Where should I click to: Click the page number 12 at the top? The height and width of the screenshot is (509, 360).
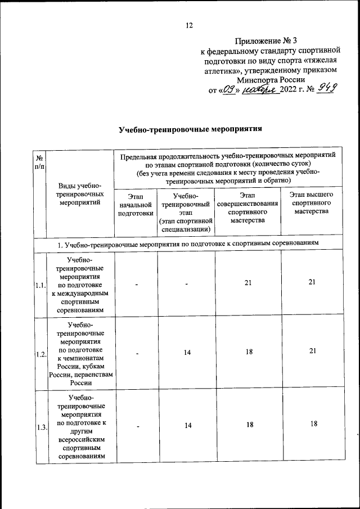(x=190, y=25)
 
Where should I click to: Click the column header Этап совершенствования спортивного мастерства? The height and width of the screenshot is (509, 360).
(x=247, y=208)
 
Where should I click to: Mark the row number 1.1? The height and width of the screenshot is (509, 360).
(x=40, y=286)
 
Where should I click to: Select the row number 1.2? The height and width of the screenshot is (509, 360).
(x=40, y=354)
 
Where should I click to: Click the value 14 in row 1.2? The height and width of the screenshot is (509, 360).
(x=187, y=352)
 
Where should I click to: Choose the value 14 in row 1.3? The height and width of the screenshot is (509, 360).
(x=187, y=426)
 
